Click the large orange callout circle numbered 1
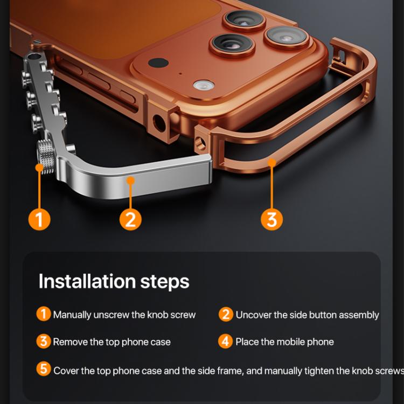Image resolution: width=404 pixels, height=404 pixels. pos(39,220)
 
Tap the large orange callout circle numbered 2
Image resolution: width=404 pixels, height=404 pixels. pos(130,220)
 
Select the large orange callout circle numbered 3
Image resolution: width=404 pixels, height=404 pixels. pos(271,220)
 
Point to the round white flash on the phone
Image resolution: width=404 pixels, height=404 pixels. pos(204,85)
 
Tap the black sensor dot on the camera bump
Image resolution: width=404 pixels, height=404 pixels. pos(158,62)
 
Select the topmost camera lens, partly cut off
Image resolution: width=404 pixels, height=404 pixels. pos(245,20)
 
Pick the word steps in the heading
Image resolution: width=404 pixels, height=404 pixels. pos(165,281)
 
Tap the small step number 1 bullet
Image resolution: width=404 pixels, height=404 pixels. pos(44,314)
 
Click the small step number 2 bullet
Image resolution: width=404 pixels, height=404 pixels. pos(226,314)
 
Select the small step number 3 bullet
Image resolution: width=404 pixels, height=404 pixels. pos(44,342)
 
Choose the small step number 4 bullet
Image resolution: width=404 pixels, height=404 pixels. pos(226,342)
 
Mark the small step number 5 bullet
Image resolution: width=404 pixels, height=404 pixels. pos(44,370)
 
